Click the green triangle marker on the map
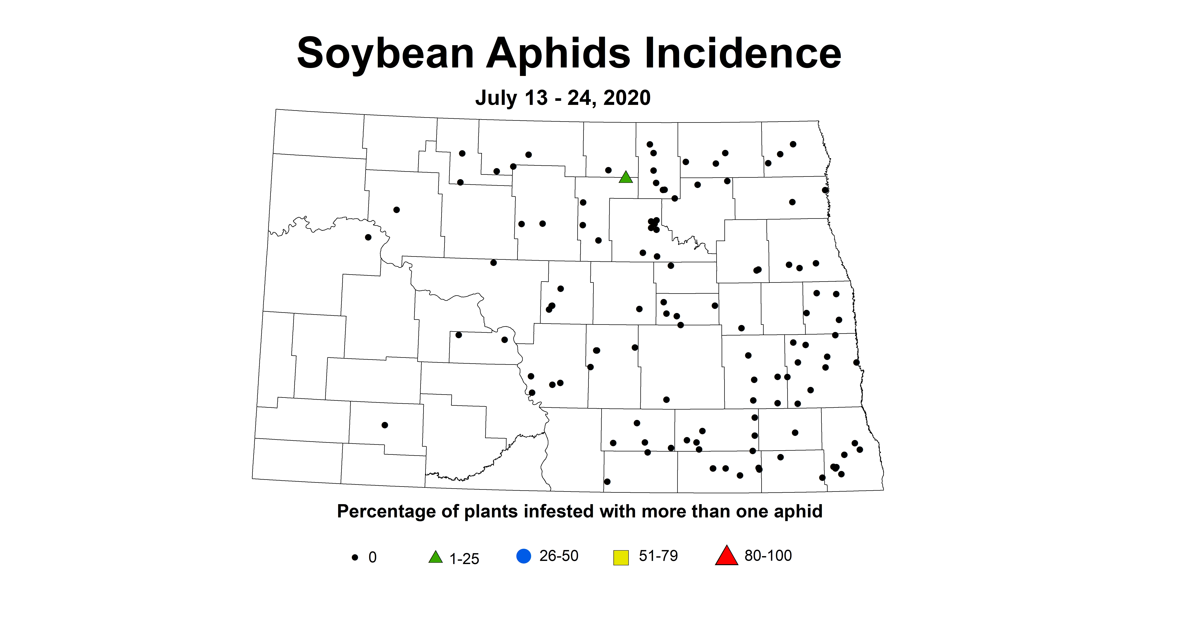tap(625, 178)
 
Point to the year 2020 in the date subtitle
tap(627, 98)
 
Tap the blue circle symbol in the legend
tap(523, 556)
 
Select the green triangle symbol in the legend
tap(435, 557)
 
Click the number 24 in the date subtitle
tap(580, 98)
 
